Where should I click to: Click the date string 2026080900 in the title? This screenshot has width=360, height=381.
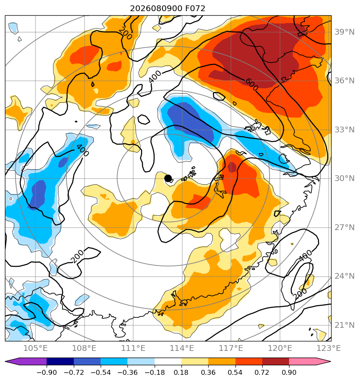pyautogui.click(x=156, y=9)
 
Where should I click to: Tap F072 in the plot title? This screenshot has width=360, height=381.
pyautogui.click(x=195, y=9)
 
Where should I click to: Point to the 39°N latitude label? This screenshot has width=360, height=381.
pyautogui.click(x=344, y=32)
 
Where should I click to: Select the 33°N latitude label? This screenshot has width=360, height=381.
pyautogui.click(x=344, y=130)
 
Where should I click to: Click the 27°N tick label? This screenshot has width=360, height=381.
pyautogui.click(x=344, y=228)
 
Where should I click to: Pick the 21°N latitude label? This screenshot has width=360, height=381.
pyautogui.click(x=344, y=325)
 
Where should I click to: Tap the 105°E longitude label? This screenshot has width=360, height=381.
pyautogui.click(x=35, y=348)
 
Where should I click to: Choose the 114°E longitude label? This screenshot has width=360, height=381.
pyautogui.click(x=182, y=348)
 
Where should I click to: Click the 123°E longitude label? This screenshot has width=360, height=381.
pyautogui.click(x=328, y=348)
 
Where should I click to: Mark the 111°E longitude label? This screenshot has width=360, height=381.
pyautogui.click(x=133, y=348)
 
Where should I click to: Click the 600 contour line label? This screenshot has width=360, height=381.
pyautogui.click(x=252, y=85)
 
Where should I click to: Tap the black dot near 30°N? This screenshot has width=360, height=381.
pyautogui.click(x=168, y=179)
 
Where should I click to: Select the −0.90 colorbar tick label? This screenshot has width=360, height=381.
pyautogui.click(x=47, y=372)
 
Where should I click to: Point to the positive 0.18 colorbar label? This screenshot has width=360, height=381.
pyautogui.click(x=181, y=372)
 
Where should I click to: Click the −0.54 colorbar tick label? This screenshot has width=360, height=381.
pyautogui.click(x=100, y=372)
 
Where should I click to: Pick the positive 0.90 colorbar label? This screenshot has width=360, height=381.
pyautogui.click(x=289, y=372)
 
